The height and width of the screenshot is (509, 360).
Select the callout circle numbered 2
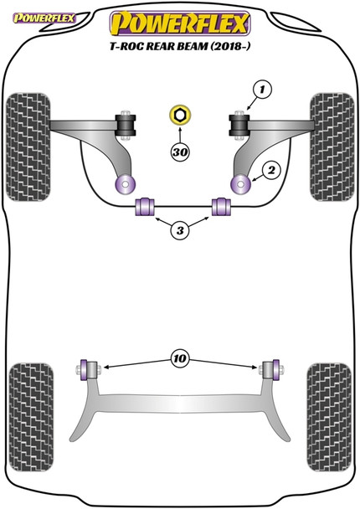pos(271,171)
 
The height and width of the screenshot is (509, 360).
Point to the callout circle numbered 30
pos(177,152)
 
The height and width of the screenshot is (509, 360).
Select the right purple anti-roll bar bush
pos(223,207)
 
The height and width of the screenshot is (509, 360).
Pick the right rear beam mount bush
pos(273,368)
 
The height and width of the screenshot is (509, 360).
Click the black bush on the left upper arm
pos(128,125)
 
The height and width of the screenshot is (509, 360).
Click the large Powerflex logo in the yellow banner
pos(179,19)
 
